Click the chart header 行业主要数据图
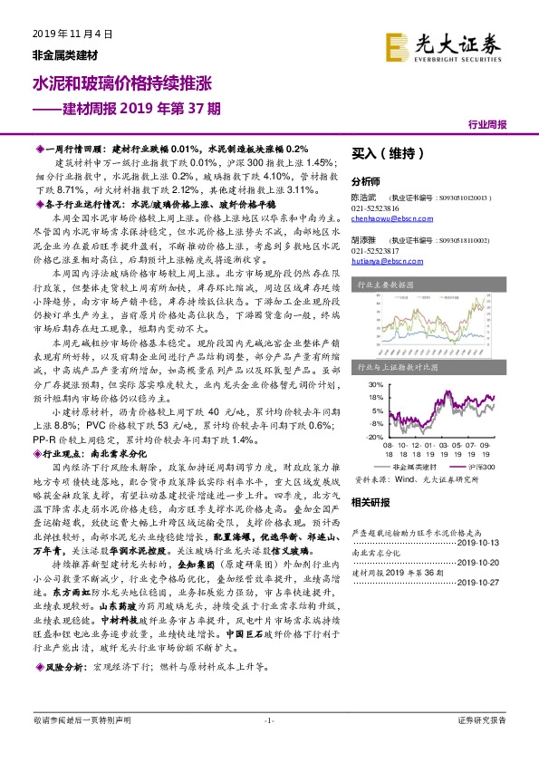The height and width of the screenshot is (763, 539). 380,283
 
